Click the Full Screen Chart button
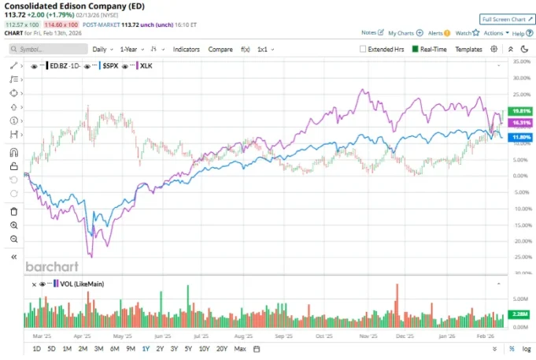coord(505,18)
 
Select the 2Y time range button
coord(161,348)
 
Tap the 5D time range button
coord(52,348)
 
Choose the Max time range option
coord(240,348)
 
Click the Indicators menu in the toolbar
coord(186,49)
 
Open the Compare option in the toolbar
coord(220,49)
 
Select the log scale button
coord(527,348)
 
